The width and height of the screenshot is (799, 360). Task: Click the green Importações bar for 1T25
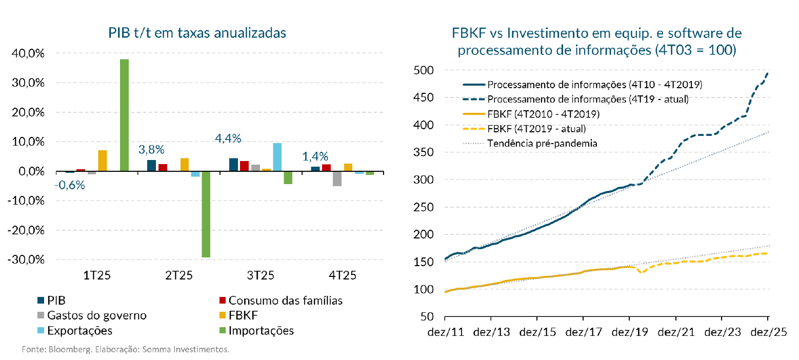pos(124,115)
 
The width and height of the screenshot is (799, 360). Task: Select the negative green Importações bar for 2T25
pos(206,214)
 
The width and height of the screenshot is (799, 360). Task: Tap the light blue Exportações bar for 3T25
pos(277,157)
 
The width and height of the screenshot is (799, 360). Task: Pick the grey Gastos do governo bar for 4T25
pos(337,178)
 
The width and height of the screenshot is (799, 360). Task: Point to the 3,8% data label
pos(152,150)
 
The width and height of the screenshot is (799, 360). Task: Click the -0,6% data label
pos(70,185)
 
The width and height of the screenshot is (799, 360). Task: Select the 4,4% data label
pos(228,138)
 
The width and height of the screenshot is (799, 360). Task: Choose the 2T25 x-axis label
pos(179,275)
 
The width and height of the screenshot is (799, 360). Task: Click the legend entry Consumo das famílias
pos(286,301)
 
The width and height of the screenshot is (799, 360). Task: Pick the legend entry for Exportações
pos(79,330)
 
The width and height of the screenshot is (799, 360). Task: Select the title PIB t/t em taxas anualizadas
pos(197,33)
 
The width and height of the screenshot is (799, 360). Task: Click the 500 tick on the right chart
pos(424,70)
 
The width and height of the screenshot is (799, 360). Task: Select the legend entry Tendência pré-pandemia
pos(542,144)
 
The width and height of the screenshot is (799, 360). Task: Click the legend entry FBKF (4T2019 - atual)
pos(536,129)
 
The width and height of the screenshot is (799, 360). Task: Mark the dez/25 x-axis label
pos(768,332)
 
